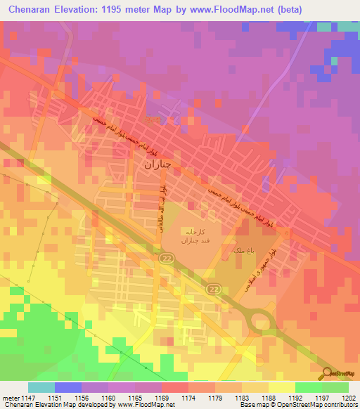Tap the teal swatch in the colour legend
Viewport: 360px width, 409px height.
pyautogui.click(x=41, y=387)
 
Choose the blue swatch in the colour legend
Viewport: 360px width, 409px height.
pyautogui.click(x=67, y=387)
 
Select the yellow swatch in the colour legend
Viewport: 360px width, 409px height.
pyautogui.click(x=281, y=387)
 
